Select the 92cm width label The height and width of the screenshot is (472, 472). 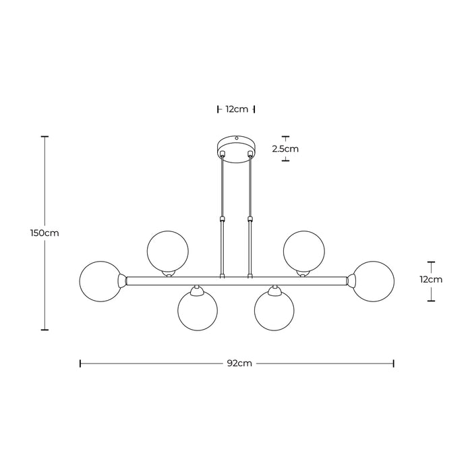point(239,363)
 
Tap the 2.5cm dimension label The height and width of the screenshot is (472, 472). point(285,148)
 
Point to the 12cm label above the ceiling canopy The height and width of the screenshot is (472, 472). point(237,109)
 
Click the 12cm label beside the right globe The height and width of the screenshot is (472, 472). point(430,279)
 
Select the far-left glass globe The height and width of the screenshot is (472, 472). point(100,281)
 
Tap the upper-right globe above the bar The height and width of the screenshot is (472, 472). point(304,249)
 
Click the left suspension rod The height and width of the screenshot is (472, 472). point(222,216)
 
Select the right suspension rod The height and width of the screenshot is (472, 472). point(251,216)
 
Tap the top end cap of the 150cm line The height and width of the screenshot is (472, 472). point(45,136)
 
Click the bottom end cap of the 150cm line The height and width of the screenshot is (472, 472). point(45,330)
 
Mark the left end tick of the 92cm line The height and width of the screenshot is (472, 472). point(80,363)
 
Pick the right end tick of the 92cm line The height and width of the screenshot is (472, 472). point(394,363)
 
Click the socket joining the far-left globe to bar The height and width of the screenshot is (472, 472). point(123,279)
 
